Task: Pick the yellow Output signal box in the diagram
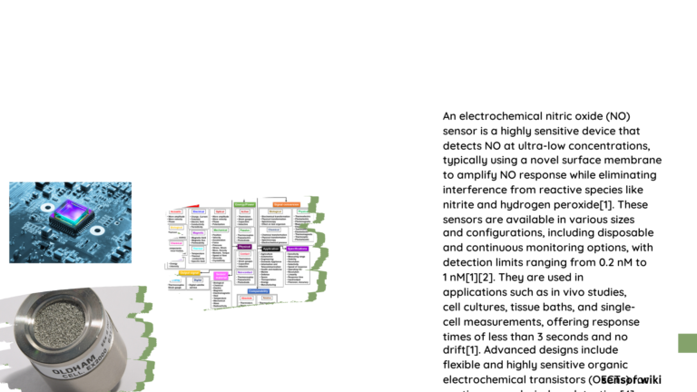pos(190,272)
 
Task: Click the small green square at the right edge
pos(688,343)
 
